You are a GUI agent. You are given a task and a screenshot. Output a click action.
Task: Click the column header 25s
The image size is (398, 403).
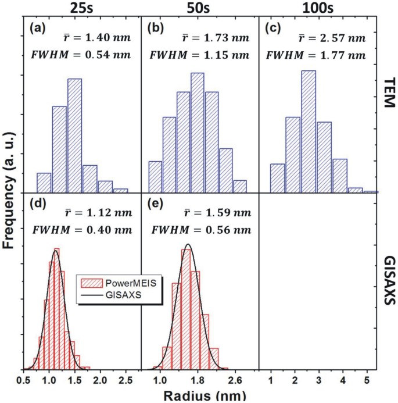tap(81, 9)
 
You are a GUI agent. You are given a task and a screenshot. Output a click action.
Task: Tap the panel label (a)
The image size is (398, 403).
tap(38, 27)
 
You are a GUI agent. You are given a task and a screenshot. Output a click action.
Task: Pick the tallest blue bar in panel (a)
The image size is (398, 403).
tap(75, 135)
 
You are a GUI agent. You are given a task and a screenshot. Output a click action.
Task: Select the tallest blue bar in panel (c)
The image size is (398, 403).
tap(309, 131)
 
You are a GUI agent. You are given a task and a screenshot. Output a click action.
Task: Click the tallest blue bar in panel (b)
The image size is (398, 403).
tap(198, 132)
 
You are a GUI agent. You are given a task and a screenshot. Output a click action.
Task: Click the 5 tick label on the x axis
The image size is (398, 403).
tap(367, 380)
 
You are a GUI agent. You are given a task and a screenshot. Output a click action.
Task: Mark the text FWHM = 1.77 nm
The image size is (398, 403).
tap(315, 56)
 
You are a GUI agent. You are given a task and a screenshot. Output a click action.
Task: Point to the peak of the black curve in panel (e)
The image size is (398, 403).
tap(188, 244)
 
